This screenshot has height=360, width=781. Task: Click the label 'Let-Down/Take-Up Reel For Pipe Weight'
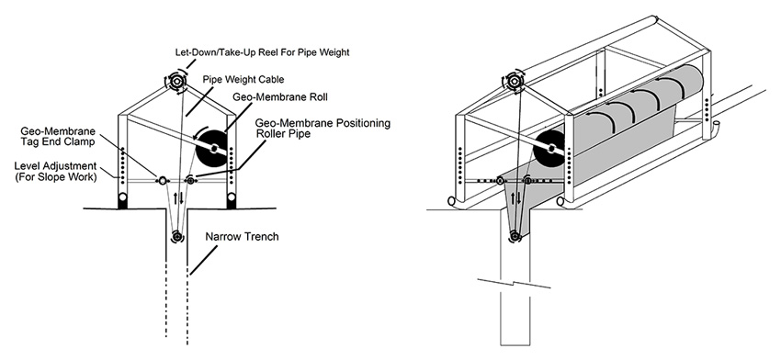tap(262, 51)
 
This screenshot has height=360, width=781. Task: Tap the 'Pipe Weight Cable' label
tap(243, 79)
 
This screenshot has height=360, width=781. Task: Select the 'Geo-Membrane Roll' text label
tap(286, 97)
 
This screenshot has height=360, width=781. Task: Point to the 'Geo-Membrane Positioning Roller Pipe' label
tap(323, 128)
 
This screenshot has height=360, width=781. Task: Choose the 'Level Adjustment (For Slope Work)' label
tap(55, 171)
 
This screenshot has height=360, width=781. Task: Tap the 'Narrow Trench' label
tap(242, 237)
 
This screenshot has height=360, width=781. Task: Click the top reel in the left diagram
tap(176, 81)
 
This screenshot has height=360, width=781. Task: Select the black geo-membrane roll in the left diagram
tap(213, 149)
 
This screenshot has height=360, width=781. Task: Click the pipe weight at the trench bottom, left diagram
tap(176, 235)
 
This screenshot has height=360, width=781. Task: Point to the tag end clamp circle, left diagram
tap(163, 180)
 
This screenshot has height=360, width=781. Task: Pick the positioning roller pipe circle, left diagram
tap(190, 180)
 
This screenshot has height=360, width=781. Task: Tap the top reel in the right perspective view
tap(513, 81)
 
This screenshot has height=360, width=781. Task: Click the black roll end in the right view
tap(549, 148)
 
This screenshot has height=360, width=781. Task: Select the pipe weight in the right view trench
tap(515, 236)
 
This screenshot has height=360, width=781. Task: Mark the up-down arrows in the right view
tap(516, 198)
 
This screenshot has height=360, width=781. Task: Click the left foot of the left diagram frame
tap(122, 201)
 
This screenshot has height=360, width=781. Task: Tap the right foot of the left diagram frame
tap(232, 201)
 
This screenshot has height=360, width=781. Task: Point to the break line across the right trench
tap(514, 284)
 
